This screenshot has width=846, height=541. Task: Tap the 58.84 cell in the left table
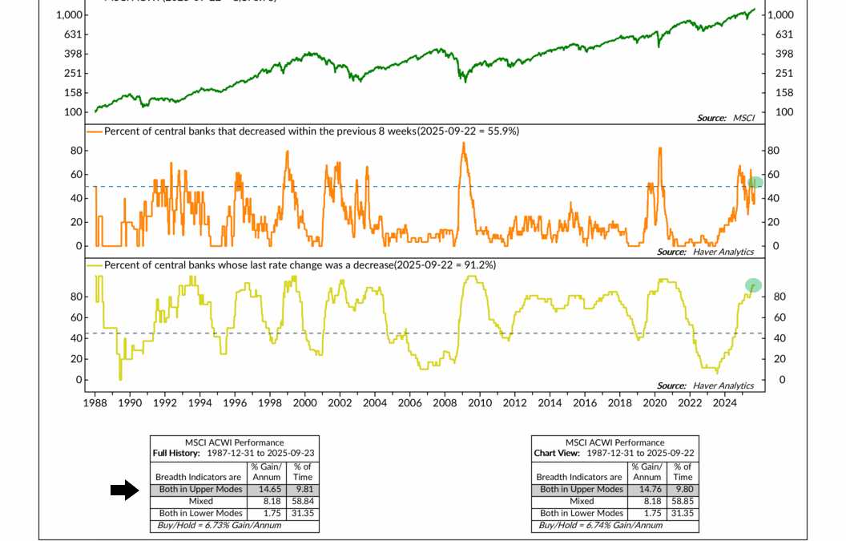point(302,501)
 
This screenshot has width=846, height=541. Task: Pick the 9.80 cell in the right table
point(682,489)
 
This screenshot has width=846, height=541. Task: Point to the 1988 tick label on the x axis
point(95,403)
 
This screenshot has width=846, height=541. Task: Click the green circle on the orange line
point(755,183)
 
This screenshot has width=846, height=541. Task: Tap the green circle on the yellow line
point(753,285)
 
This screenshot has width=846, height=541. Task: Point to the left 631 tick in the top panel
point(71,34)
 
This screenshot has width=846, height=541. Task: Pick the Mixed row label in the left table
point(199,501)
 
